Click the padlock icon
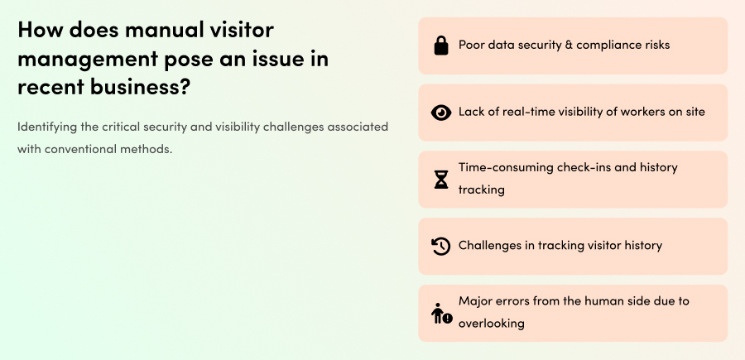tap(441, 46)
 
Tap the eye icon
tap(441, 113)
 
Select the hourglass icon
tap(441, 179)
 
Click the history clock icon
tap(441, 246)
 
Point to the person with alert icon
tap(441, 313)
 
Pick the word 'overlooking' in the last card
tap(492, 324)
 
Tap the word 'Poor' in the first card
tap(473, 45)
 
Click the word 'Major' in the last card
tap(476, 301)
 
